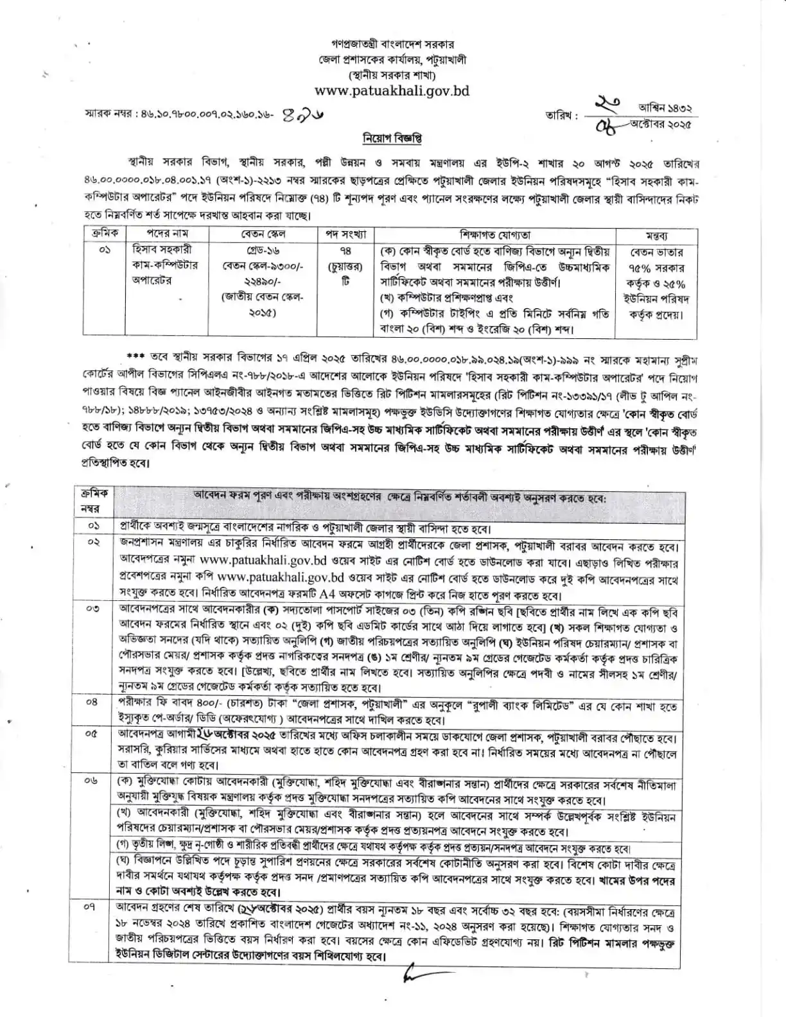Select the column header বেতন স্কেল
point(263,234)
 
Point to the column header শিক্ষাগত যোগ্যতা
point(494,235)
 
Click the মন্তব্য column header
point(656,236)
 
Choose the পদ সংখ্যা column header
point(345,234)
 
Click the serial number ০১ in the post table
point(105,250)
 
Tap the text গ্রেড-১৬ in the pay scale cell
point(263,250)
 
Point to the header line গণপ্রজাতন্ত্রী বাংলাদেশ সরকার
point(392,45)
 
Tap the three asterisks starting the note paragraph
point(135,356)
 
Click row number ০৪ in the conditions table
point(92,702)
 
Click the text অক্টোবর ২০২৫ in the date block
point(663,125)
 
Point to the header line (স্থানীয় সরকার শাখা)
point(392,74)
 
